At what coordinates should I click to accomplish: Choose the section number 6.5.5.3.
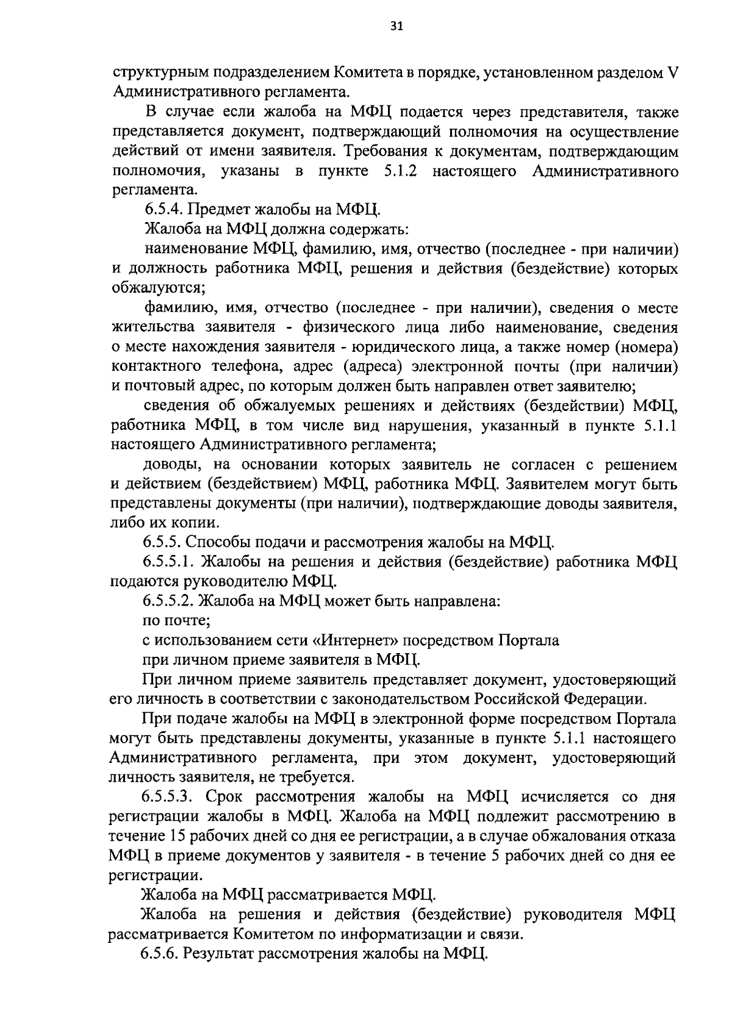click(x=168, y=797)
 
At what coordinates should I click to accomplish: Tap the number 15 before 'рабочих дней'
click(x=168, y=835)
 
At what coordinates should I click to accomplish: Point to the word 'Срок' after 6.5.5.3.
click(x=224, y=797)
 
